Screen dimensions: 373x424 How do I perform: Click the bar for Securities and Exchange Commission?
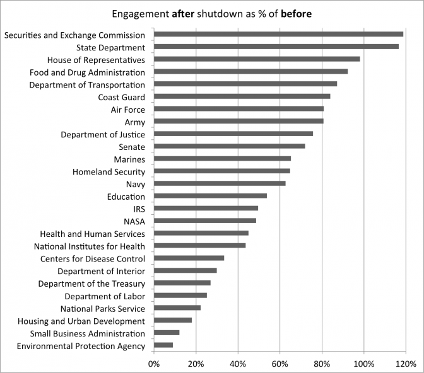(278, 34)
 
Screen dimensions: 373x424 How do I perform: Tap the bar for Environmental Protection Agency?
(163, 345)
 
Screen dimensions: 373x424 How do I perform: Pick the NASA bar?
(204, 221)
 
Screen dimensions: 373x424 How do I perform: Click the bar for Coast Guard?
(242, 96)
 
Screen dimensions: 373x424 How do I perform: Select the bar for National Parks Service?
(177, 308)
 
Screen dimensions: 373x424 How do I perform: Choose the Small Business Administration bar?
(166, 333)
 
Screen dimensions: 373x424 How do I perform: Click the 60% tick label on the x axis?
(280, 364)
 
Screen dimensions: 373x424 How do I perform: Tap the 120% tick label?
(405, 364)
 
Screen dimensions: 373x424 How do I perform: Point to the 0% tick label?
(154, 364)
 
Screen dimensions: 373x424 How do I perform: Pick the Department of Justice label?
(103, 134)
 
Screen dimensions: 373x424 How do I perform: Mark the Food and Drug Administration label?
(87, 72)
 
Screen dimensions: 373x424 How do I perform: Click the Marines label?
(129, 159)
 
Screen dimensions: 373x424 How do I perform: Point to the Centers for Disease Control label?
(93, 258)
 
